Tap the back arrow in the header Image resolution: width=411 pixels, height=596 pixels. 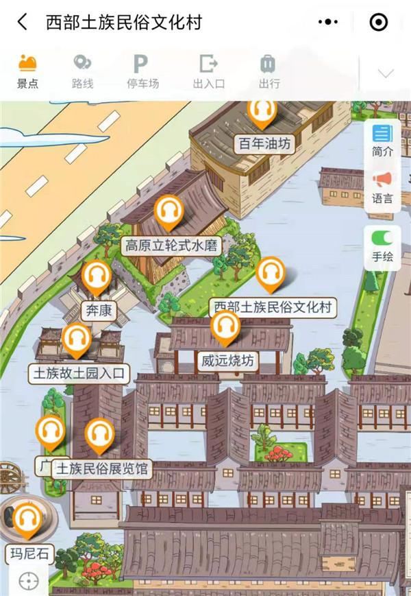point(23,22)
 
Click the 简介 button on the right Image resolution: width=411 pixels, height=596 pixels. point(382,140)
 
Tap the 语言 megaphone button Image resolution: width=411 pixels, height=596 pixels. point(382,187)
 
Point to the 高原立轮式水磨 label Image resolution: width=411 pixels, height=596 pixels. point(173,246)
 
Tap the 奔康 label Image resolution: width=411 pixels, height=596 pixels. point(97,311)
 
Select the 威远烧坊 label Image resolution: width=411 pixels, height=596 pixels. point(227,359)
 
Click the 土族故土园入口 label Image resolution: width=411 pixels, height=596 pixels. point(79,374)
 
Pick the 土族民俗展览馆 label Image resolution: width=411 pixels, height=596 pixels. point(103,469)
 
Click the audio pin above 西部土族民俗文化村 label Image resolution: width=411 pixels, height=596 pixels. point(271,274)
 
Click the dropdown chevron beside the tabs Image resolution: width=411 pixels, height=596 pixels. point(386,73)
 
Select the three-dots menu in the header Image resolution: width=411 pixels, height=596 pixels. point(328,22)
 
